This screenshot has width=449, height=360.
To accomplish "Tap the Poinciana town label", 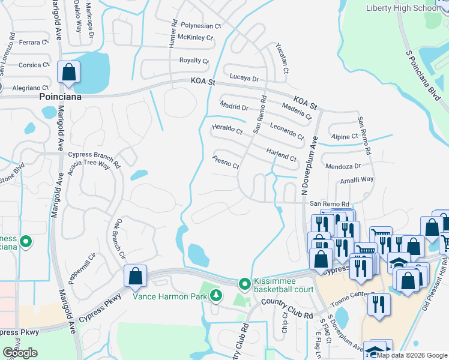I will [x=60, y=96].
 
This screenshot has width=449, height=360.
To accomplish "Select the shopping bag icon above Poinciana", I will [x=69, y=73].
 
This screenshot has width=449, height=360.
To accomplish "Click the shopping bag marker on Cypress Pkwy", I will [x=136, y=277].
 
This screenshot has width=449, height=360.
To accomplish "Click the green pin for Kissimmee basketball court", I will [x=244, y=283].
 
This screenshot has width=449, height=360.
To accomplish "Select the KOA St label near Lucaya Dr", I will [x=202, y=82].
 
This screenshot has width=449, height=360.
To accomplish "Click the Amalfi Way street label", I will [x=357, y=179].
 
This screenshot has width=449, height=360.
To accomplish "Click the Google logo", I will [x=20, y=352].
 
